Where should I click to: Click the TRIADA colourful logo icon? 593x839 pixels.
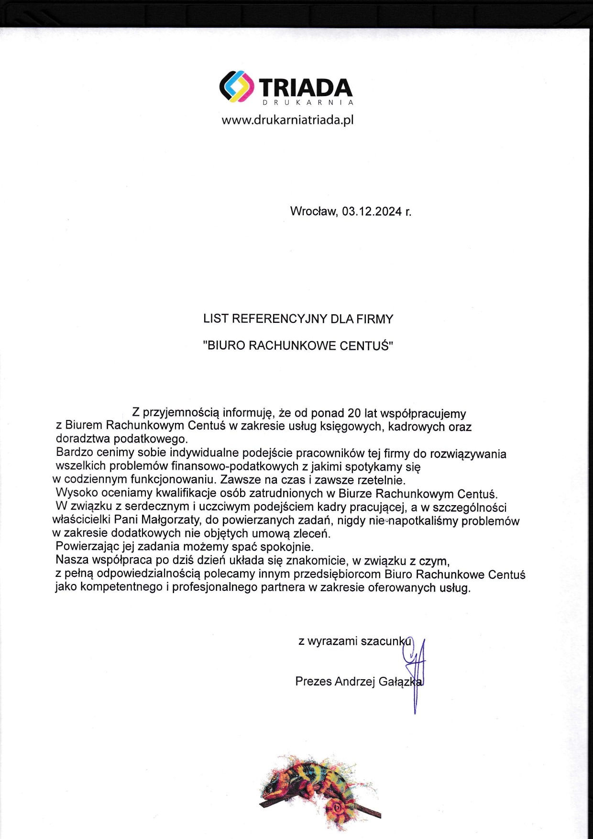click(237, 87)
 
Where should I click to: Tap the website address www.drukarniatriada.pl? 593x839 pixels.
click(287, 120)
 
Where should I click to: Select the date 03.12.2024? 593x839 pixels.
click(372, 211)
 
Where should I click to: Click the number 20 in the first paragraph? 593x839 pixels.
click(354, 413)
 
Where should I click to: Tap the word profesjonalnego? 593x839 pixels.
click(215, 587)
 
